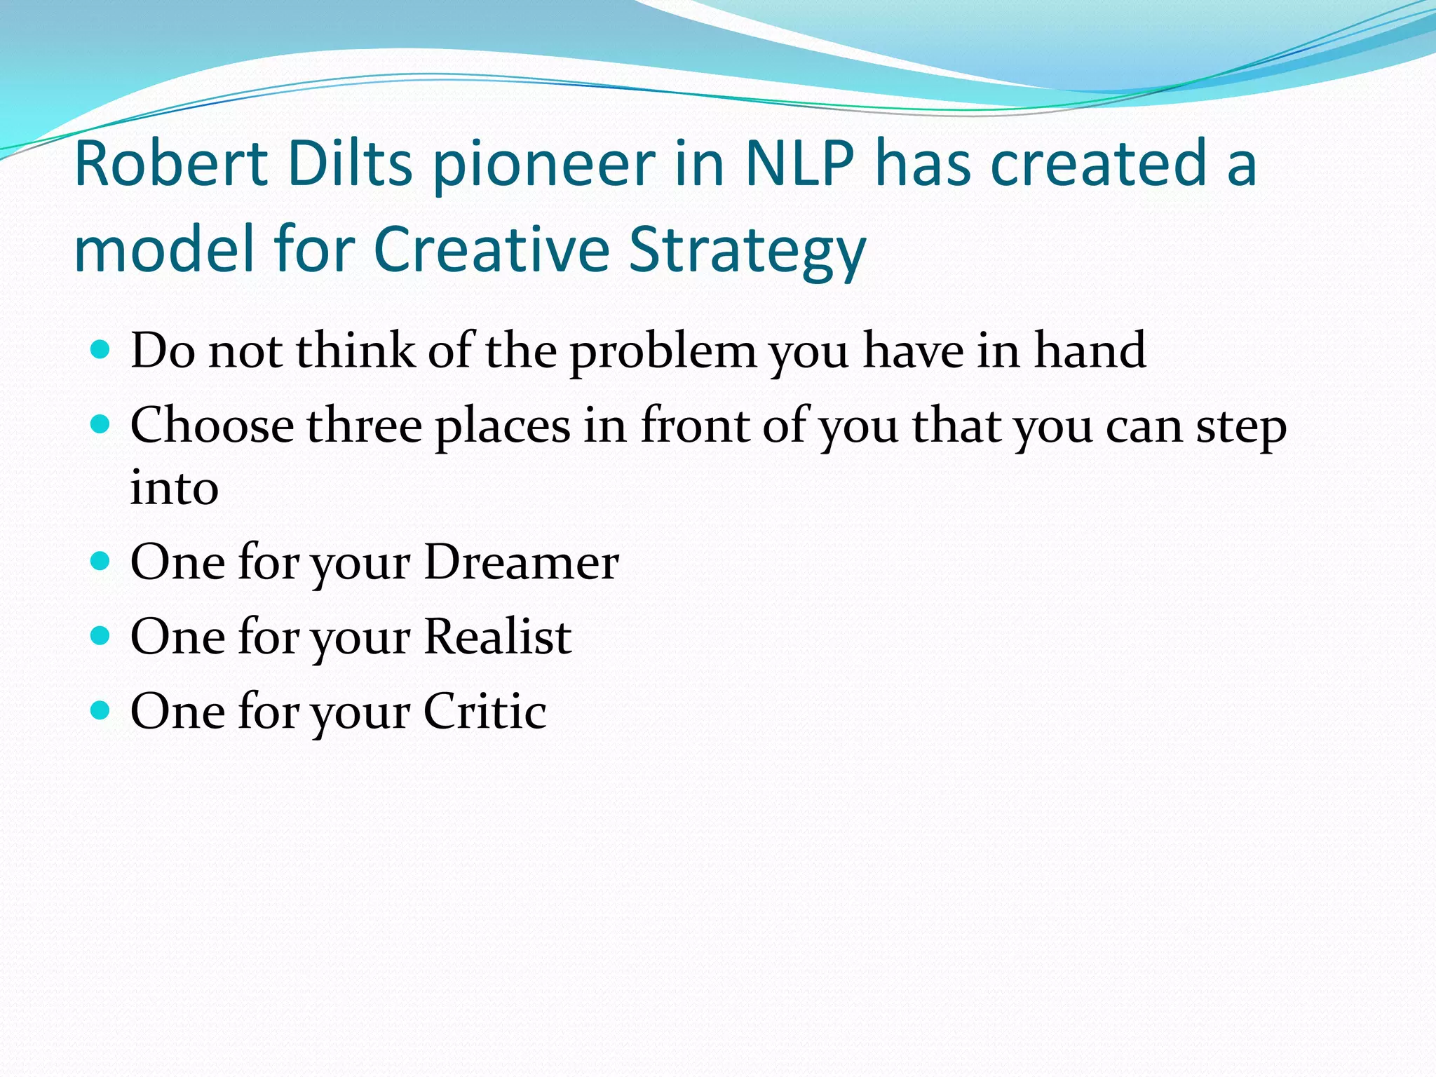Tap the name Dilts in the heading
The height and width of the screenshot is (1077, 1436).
(350, 164)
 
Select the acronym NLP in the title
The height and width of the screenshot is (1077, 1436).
(799, 164)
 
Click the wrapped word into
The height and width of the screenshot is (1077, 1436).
(174, 488)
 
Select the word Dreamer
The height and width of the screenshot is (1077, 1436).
(522, 562)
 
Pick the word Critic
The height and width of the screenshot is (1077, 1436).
(485, 712)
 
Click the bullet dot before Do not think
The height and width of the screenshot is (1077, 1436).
(101, 349)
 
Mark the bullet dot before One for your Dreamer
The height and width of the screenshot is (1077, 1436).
(101, 561)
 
